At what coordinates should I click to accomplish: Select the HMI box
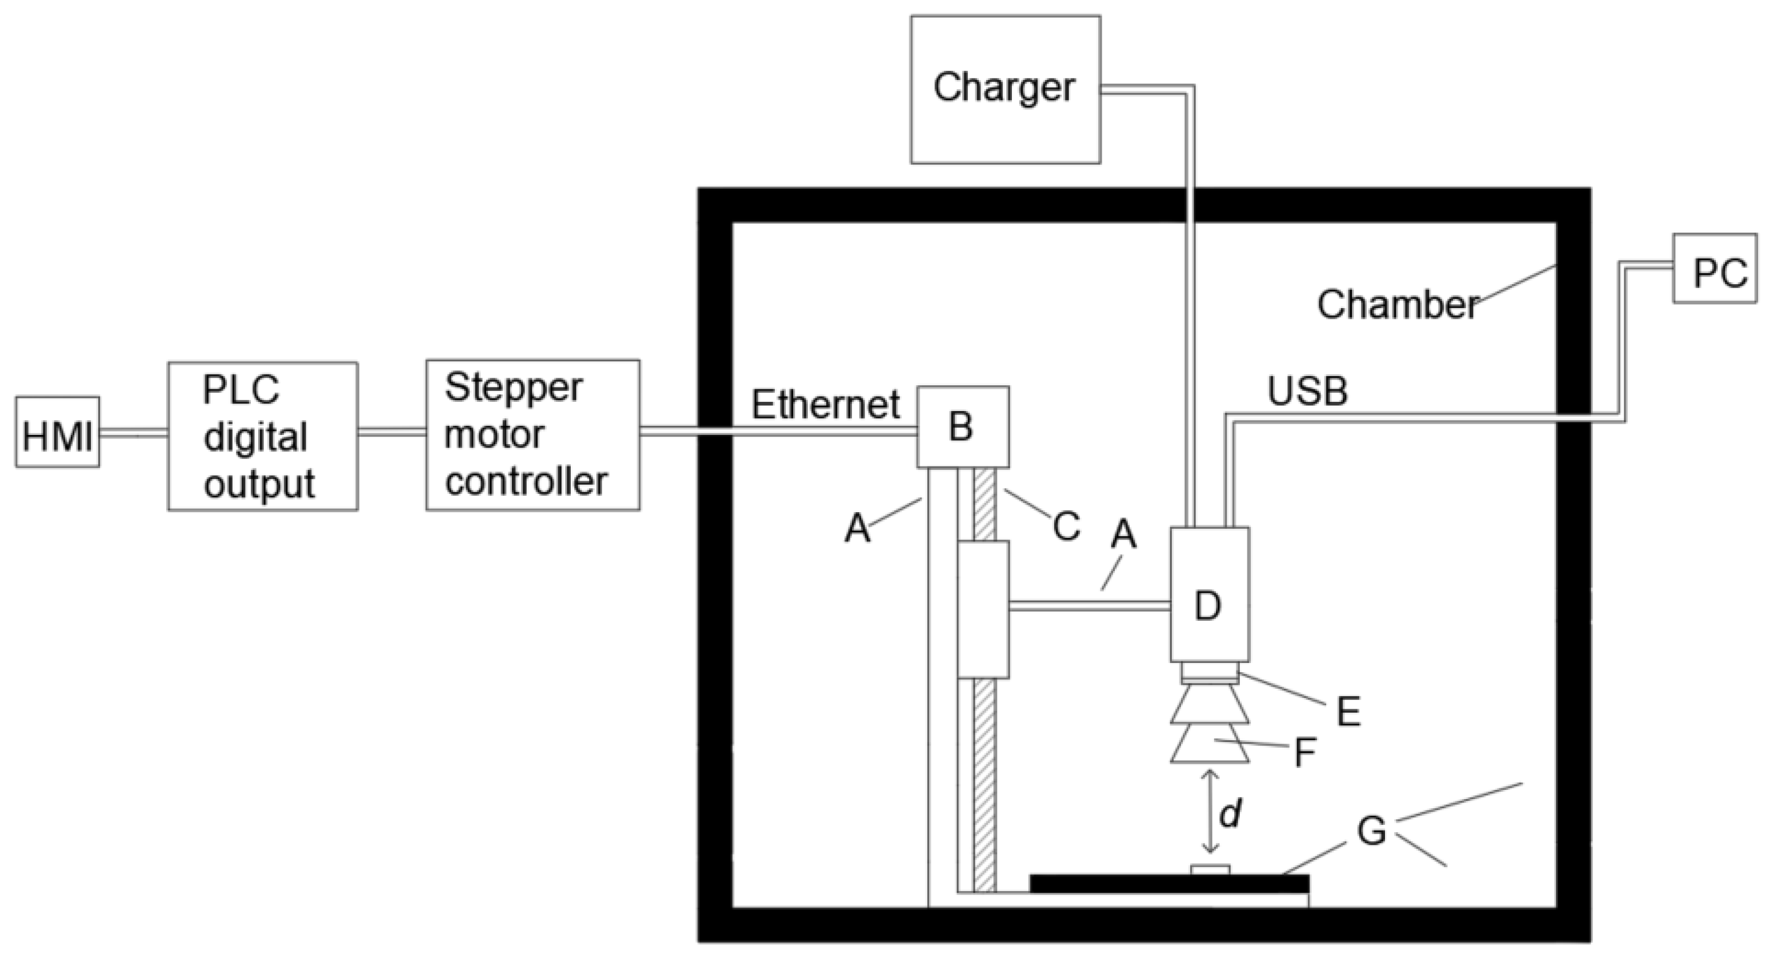pos(57,433)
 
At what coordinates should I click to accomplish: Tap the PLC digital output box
pos(262,436)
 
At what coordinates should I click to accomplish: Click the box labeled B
pos(963,426)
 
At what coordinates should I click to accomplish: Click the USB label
pos(1307,391)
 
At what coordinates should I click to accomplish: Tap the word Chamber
pos(1398,304)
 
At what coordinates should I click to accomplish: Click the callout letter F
pos(1304,753)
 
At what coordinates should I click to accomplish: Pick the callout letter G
pos(1371,832)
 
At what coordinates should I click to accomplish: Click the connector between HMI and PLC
pos(133,433)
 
